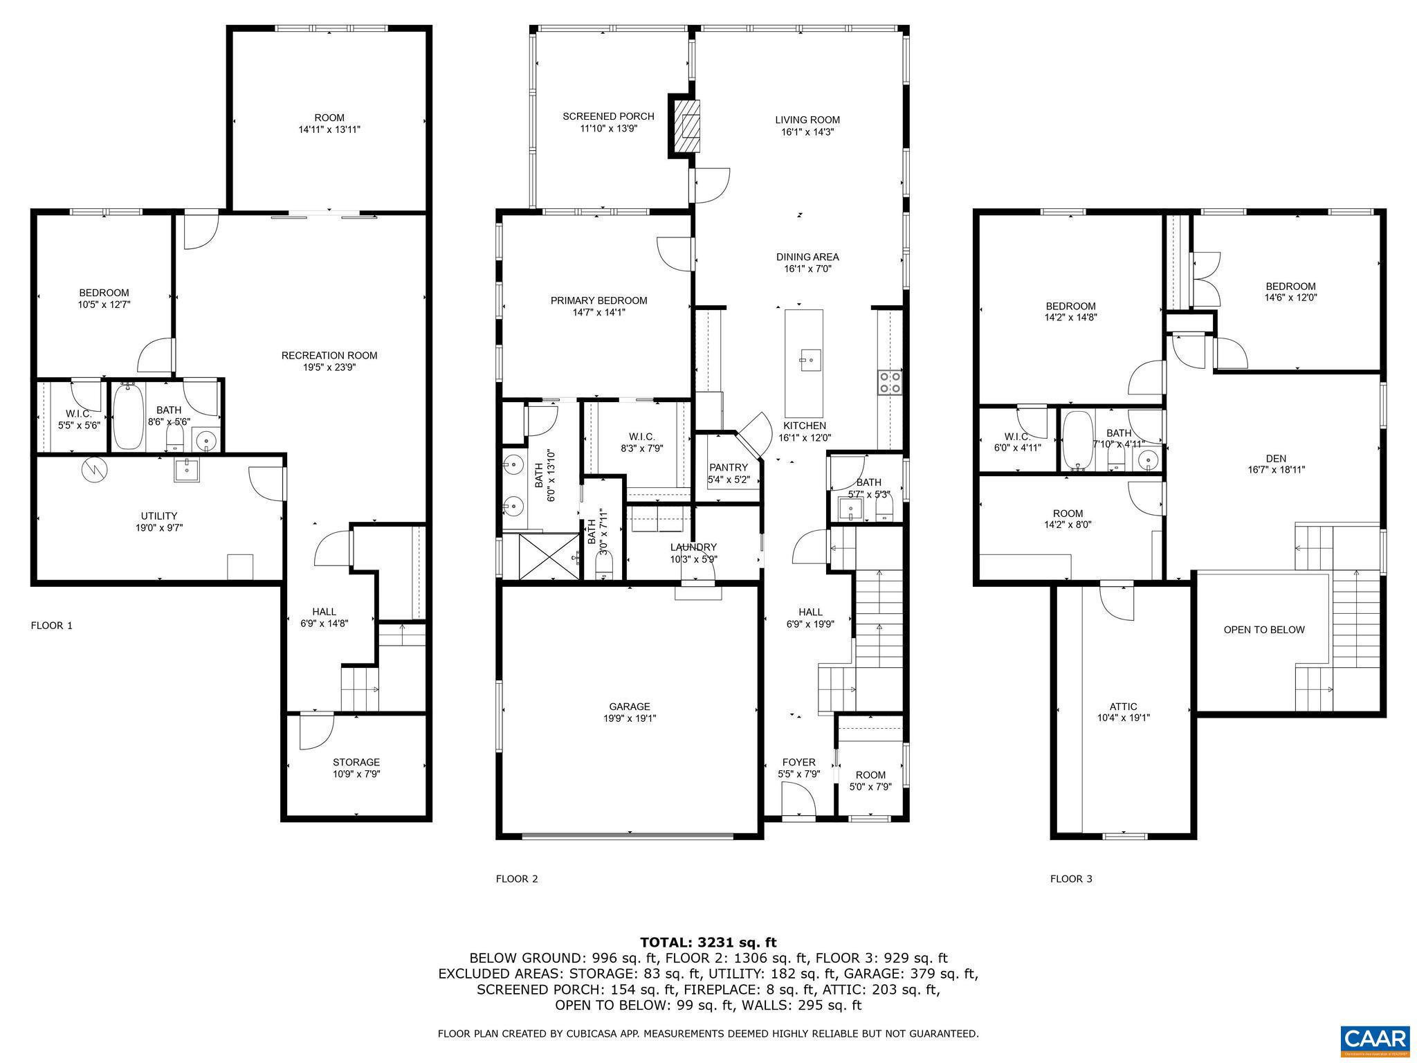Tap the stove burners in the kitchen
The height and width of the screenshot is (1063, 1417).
pyautogui.click(x=889, y=382)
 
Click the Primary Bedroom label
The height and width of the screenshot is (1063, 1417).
pyautogui.click(x=598, y=300)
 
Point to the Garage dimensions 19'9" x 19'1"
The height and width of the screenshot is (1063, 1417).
pyautogui.click(x=629, y=718)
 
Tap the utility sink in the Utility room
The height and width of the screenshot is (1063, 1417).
pyautogui.click(x=186, y=469)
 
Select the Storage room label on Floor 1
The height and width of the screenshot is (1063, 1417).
pyautogui.click(x=356, y=762)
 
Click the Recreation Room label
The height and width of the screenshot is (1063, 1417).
pyautogui.click(x=329, y=356)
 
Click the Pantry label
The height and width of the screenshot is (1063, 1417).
pyautogui.click(x=728, y=467)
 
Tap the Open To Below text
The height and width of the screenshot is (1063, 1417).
pyautogui.click(x=1263, y=630)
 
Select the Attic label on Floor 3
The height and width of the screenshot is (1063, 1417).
pyautogui.click(x=1123, y=707)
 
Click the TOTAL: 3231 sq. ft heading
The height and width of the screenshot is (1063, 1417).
pyautogui.click(x=708, y=942)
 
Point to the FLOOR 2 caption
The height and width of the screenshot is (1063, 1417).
pyautogui.click(x=516, y=879)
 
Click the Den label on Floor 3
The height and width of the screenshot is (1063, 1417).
pyautogui.click(x=1276, y=458)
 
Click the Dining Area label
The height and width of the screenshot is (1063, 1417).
pyautogui.click(x=807, y=257)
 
